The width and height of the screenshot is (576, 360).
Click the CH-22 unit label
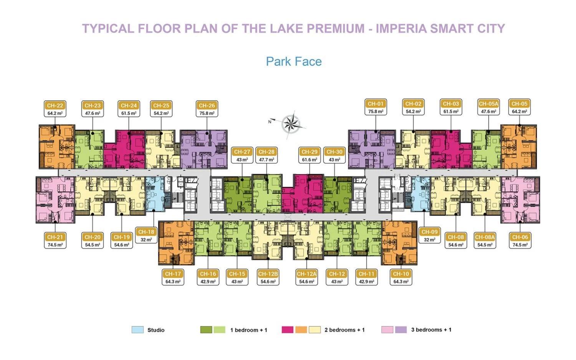[55, 106]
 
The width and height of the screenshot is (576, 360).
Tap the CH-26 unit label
[207, 106]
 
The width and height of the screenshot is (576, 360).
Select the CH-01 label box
[376, 104]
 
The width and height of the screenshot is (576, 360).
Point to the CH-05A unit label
[488, 104]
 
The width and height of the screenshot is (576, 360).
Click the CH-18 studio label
[146, 232]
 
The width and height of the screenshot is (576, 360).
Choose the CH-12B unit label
[268, 274]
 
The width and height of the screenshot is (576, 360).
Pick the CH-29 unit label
[310, 152]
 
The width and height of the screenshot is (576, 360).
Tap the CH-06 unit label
[520, 237]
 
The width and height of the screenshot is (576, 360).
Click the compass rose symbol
[291, 124]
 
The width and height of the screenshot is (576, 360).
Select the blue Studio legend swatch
[137, 330]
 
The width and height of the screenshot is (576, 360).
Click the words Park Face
[294, 61]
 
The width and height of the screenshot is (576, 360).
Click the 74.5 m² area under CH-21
[55, 245]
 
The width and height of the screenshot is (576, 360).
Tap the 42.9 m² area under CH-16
[208, 282]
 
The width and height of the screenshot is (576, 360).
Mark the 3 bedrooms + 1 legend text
[431, 330]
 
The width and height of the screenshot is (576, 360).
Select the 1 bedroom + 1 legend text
[248, 330]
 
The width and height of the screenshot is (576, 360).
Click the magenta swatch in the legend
[288, 330]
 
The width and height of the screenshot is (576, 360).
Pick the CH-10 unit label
[401, 274]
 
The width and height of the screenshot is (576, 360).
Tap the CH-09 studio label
[429, 232]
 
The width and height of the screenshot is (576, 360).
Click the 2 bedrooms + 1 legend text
[344, 330]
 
